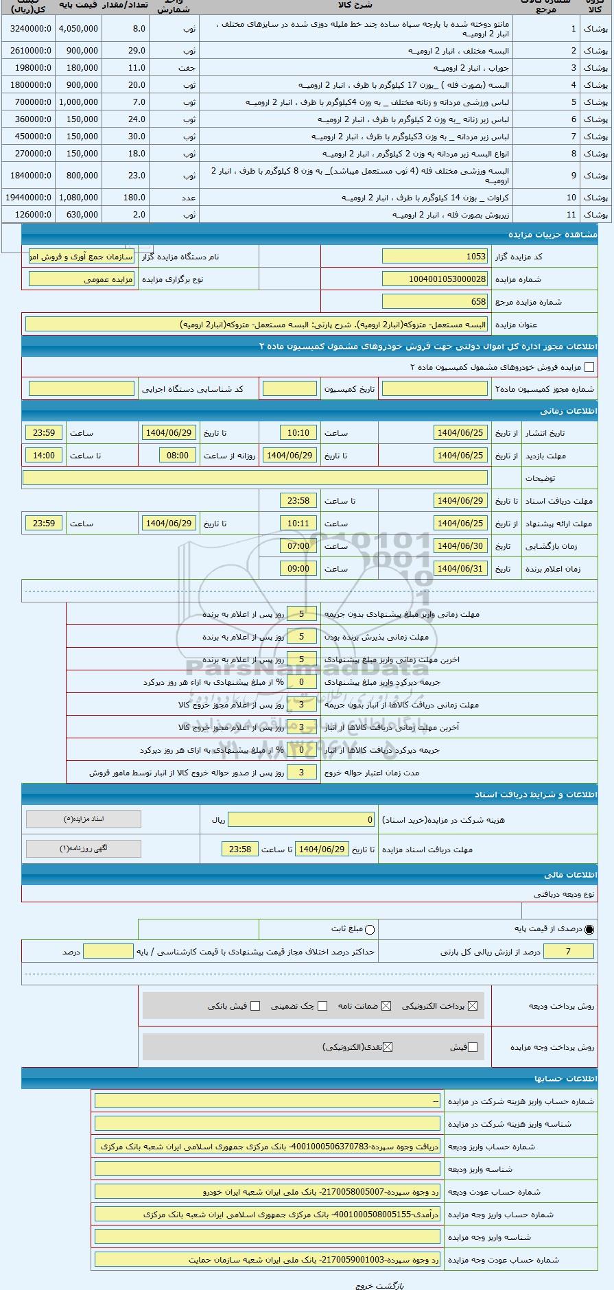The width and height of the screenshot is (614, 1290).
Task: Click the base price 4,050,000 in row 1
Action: tap(78, 29)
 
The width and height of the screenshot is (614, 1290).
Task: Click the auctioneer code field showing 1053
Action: tap(435, 257)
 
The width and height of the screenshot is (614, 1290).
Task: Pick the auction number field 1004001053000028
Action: tap(435, 279)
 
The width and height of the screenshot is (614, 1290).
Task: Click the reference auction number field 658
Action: tap(435, 301)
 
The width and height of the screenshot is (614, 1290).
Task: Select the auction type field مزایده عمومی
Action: tap(82, 279)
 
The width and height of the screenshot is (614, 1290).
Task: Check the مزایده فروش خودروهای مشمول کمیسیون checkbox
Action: tap(589, 367)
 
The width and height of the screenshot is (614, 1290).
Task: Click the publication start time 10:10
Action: tap(298, 433)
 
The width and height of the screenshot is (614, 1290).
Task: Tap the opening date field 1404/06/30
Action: tap(460, 546)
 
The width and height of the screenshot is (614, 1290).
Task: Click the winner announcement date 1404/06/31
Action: tap(460, 569)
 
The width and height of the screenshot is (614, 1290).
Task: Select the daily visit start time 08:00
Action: tap(178, 456)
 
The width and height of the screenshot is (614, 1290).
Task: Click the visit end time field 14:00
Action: tap(44, 456)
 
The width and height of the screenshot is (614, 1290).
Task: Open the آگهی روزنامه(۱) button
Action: tap(84, 849)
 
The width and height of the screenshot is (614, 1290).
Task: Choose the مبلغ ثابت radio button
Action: tap(370, 930)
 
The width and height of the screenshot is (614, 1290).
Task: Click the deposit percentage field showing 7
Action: tap(568, 952)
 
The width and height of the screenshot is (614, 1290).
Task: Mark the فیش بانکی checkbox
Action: tap(255, 1006)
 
